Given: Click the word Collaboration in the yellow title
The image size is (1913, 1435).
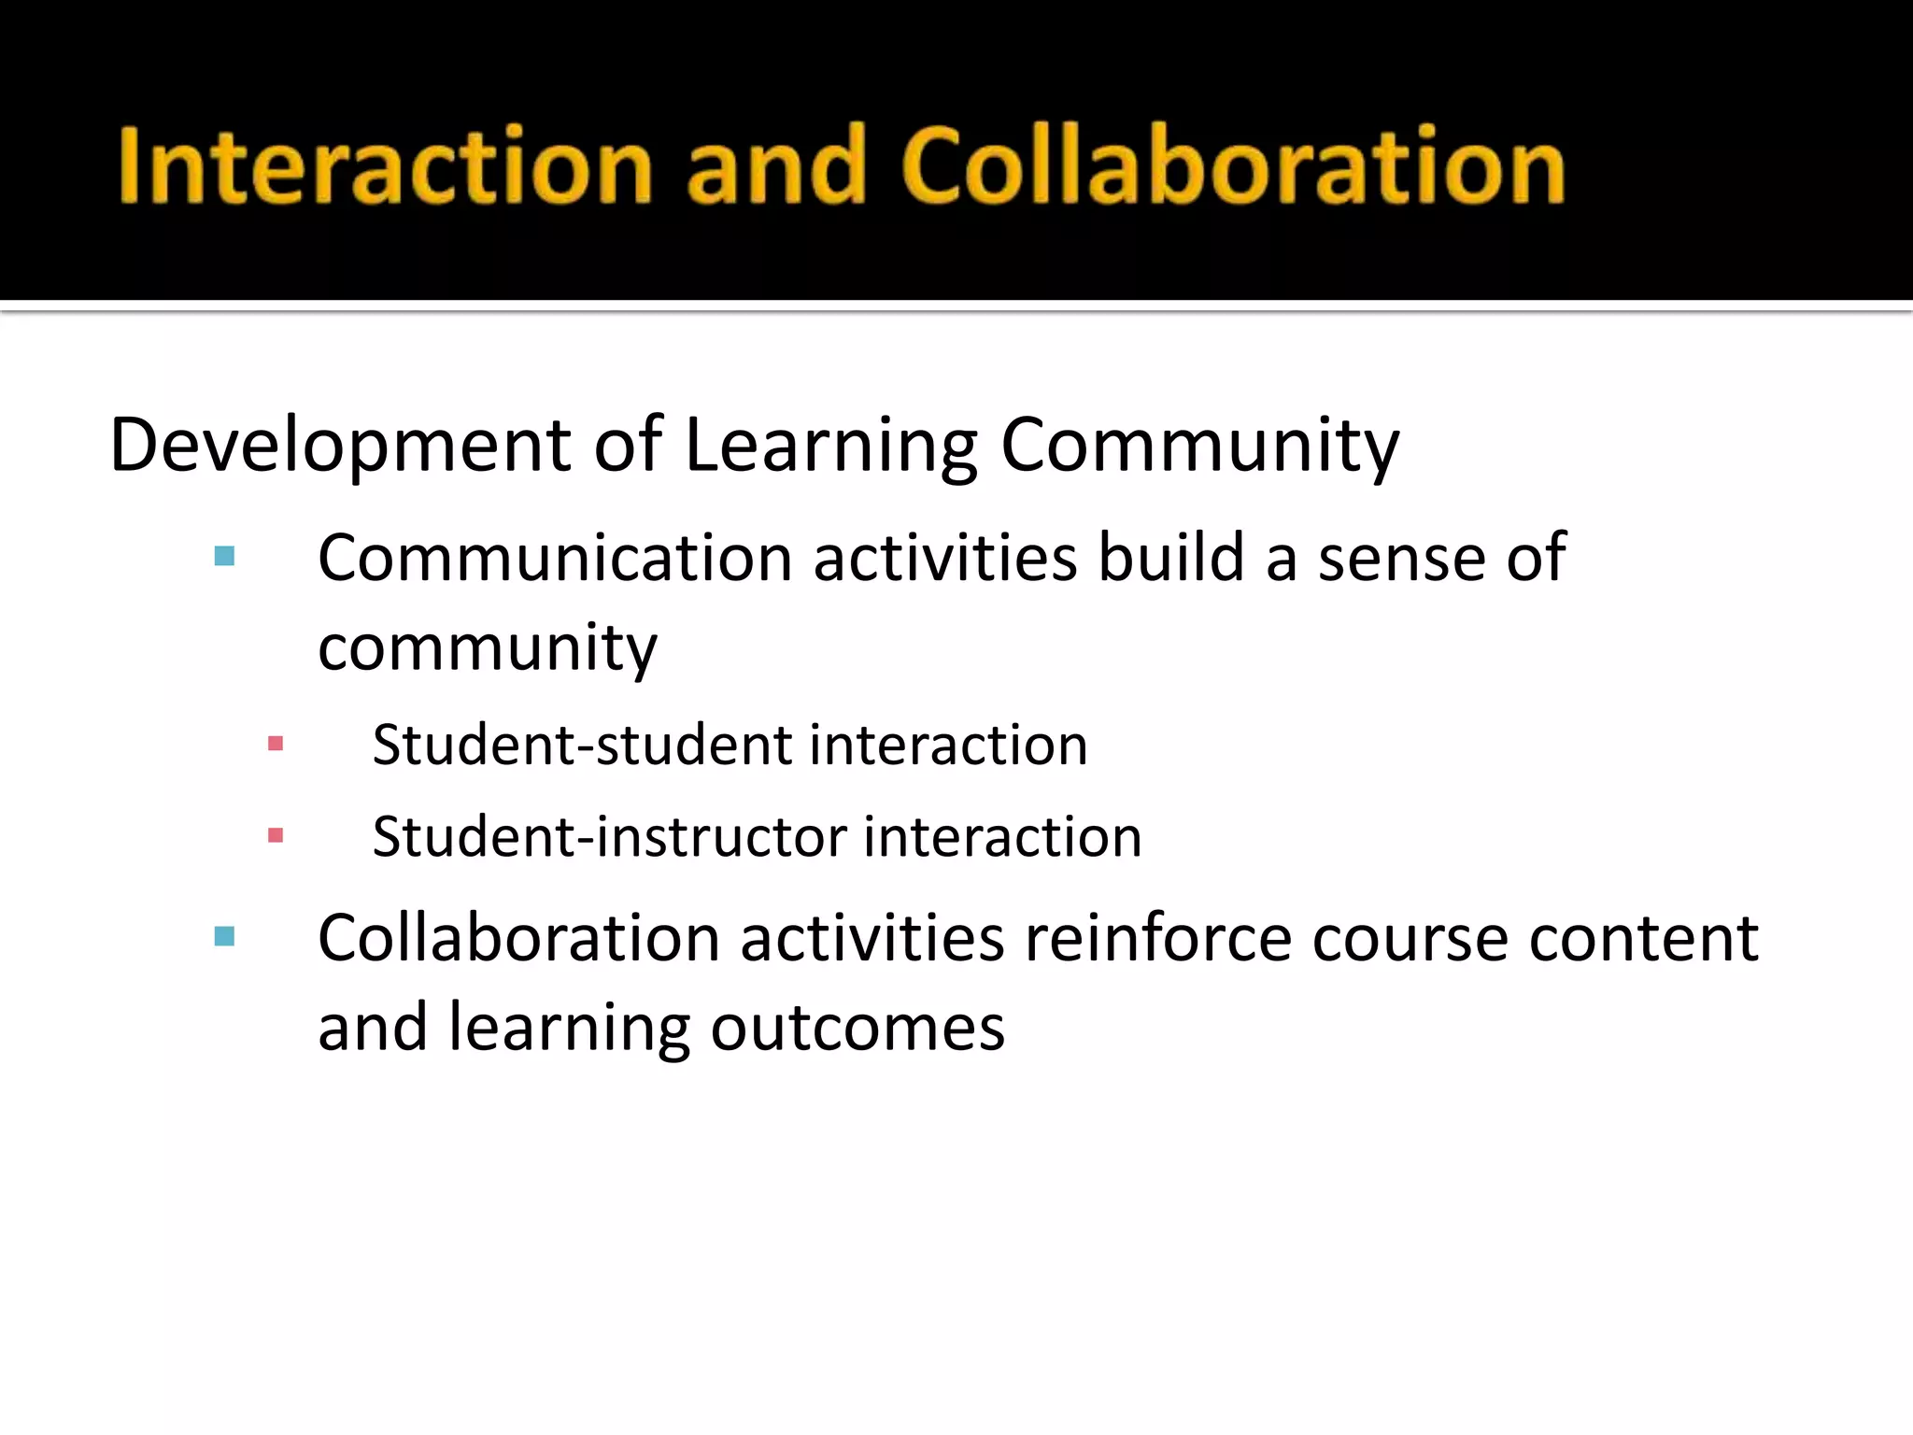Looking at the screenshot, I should click(x=1234, y=166).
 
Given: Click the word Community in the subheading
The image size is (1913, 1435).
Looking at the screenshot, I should click(x=1199, y=446).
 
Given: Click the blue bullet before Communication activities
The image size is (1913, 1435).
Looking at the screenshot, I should click(x=224, y=557).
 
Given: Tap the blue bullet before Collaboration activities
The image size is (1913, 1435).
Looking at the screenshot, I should click(x=224, y=936).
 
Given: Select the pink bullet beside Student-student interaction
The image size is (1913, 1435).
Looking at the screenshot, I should click(x=276, y=745).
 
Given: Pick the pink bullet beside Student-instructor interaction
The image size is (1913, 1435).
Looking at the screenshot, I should click(x=276, y=835).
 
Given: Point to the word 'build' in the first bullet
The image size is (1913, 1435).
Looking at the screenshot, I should click(x=1171, y=558).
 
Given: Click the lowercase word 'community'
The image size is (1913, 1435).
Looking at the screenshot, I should click(x=488, y=647).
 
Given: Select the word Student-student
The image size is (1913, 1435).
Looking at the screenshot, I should click(x=583, y=746).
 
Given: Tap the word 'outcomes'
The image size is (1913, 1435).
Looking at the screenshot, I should click(x=857, y=1028).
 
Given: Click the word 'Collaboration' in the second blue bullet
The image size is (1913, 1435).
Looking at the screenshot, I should click(x=518, y=938).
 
